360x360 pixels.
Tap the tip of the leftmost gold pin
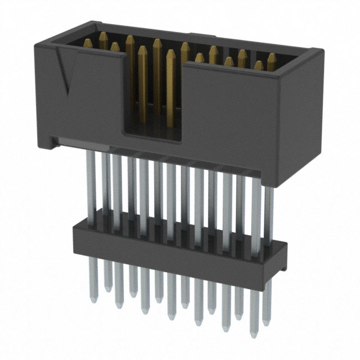[89, 40]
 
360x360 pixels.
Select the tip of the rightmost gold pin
[271, 56]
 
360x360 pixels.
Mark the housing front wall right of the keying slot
[231, 107]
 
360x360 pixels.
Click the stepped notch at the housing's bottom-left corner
[53, 140]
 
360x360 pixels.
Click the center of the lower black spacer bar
[178, 245]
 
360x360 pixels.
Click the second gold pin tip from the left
[103, 35]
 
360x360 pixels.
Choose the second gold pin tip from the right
[258, 64]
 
